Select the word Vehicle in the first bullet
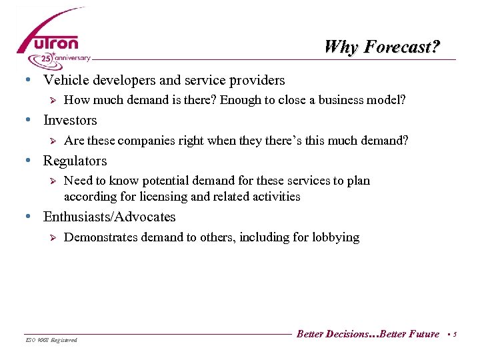64,80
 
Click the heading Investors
70,121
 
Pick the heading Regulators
75,161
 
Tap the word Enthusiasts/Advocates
109,217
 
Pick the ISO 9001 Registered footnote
51,340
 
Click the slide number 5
455,335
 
